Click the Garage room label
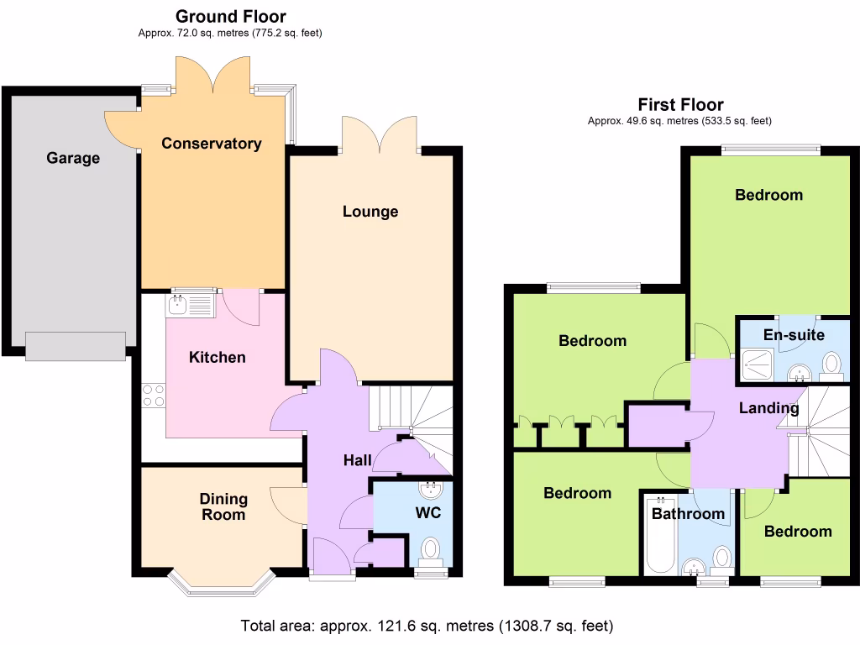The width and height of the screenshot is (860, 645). point(73,158)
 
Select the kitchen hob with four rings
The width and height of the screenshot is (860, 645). point(153,395)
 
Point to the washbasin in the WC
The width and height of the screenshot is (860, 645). point(431,489)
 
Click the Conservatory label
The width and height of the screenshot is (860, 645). point(211,144)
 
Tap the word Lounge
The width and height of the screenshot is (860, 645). point(370,212)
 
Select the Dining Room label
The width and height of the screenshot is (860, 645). point(223,506)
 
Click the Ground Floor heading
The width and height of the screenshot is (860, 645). point(230,17)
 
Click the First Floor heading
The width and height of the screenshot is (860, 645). point(680,105)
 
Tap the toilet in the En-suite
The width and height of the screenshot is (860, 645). point(831,364)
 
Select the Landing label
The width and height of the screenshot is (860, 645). point(768,409)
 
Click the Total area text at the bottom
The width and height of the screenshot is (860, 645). point(427,626)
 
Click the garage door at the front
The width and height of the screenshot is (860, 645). point(76,345)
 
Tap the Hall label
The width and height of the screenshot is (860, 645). point(357,460)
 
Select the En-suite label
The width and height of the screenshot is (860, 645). point(794,335)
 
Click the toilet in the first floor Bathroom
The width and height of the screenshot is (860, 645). point(721,558)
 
